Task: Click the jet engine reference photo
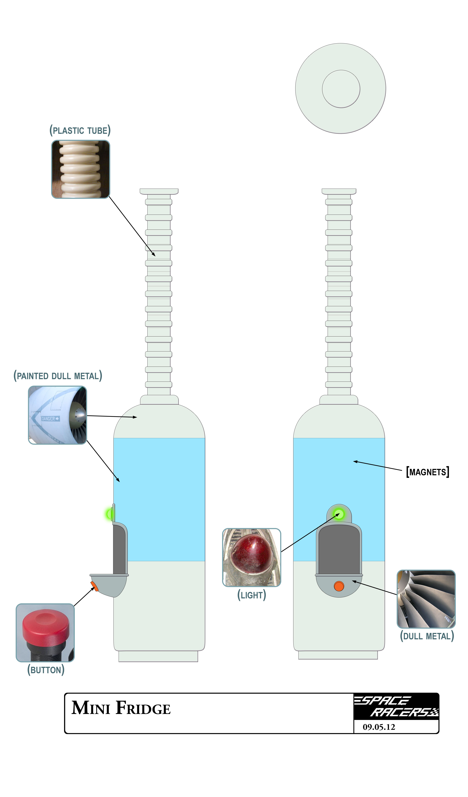tap(57, 415)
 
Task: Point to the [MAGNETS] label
tap(428, 472)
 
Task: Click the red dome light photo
tap(251, 557)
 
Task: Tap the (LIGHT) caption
tap(251, 595)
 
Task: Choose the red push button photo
tap(45, 633)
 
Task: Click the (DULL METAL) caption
tap(427, 636)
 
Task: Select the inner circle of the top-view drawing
tap(341, 89)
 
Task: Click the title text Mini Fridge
tap(121, 708)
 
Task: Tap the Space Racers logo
tap(396, 706)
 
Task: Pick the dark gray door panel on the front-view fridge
tap(339, 549)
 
